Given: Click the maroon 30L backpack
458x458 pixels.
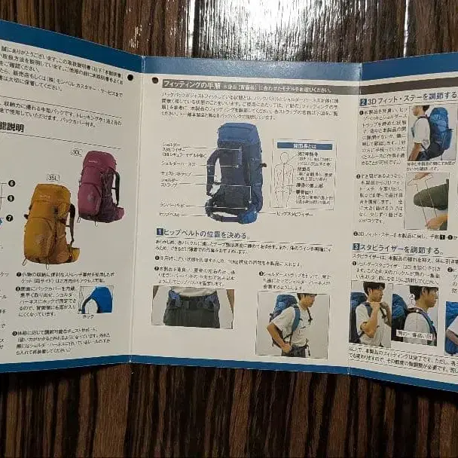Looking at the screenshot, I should coord(99,186).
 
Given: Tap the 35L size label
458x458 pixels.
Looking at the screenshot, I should coord(53,178).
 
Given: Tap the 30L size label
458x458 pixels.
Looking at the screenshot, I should coord(76,152).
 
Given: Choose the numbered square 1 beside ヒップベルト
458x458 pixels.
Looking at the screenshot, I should coord(160,234).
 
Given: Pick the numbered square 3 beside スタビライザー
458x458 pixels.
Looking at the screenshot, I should coord(356,246).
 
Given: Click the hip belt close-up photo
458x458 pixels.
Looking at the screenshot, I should coord(192,307).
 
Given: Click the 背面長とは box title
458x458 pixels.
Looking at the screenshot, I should coord(304,145).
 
